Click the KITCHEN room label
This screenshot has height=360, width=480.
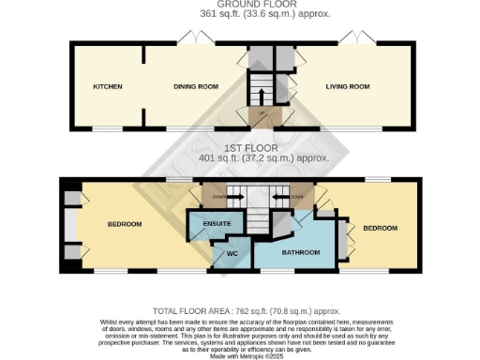pos(108,86)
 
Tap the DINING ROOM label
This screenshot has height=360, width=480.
pos(196,86)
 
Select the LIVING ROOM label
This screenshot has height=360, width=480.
pos(347,86)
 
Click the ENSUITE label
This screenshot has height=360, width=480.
pos(203,225)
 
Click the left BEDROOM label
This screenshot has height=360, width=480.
pos(124,224)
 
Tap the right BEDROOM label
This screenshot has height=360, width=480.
pos(381,228)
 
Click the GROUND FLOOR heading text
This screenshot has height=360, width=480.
pos(240,5)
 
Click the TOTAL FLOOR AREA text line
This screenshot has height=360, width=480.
pos(240,308)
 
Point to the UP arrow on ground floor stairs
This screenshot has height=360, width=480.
pos(262,112)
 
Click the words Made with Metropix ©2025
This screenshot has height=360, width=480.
pos(240,354)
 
